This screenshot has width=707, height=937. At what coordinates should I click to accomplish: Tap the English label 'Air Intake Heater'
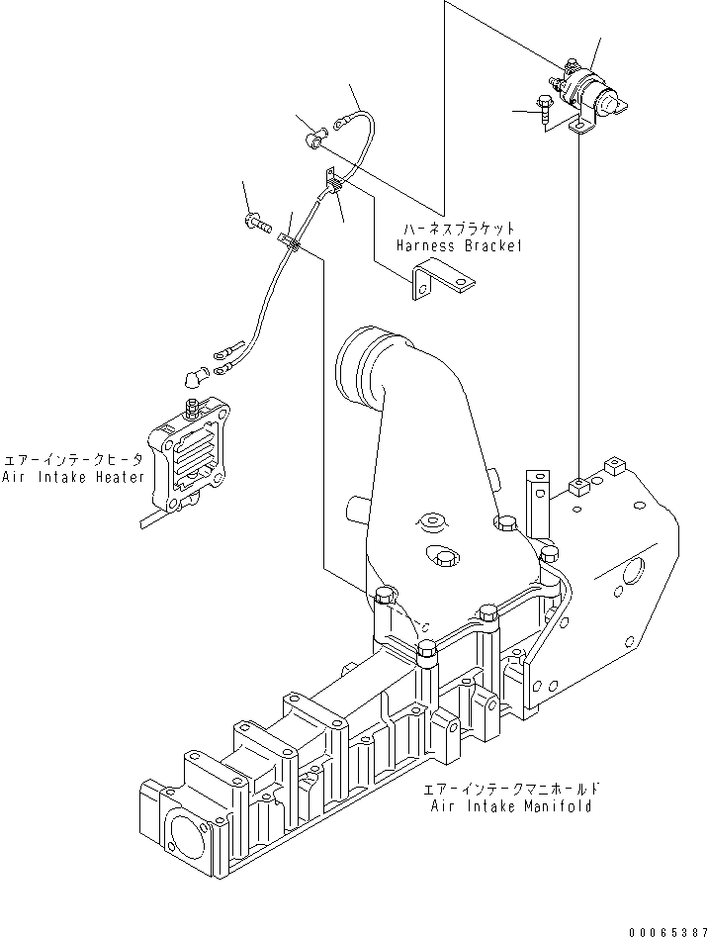(74, 478)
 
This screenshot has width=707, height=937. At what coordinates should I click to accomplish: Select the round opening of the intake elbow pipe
(361, 370)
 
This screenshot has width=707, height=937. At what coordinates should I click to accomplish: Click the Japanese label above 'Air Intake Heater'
(74, 461)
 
